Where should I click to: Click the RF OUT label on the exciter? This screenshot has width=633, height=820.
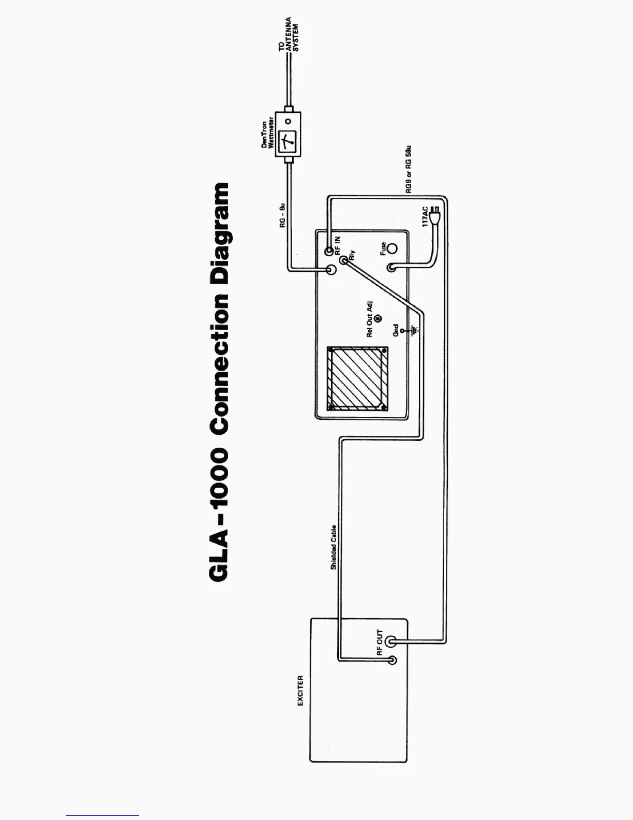point(380,643)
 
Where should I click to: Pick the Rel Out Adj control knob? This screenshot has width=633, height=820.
point(378,319)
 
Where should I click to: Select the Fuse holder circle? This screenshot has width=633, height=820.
point(393,249)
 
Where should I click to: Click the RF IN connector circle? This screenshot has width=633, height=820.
point(329,252)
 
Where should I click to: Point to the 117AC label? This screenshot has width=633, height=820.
point(425,216)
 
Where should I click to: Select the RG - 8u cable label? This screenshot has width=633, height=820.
point(282,216)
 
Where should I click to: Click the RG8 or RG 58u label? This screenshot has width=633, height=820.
point(409,173)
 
